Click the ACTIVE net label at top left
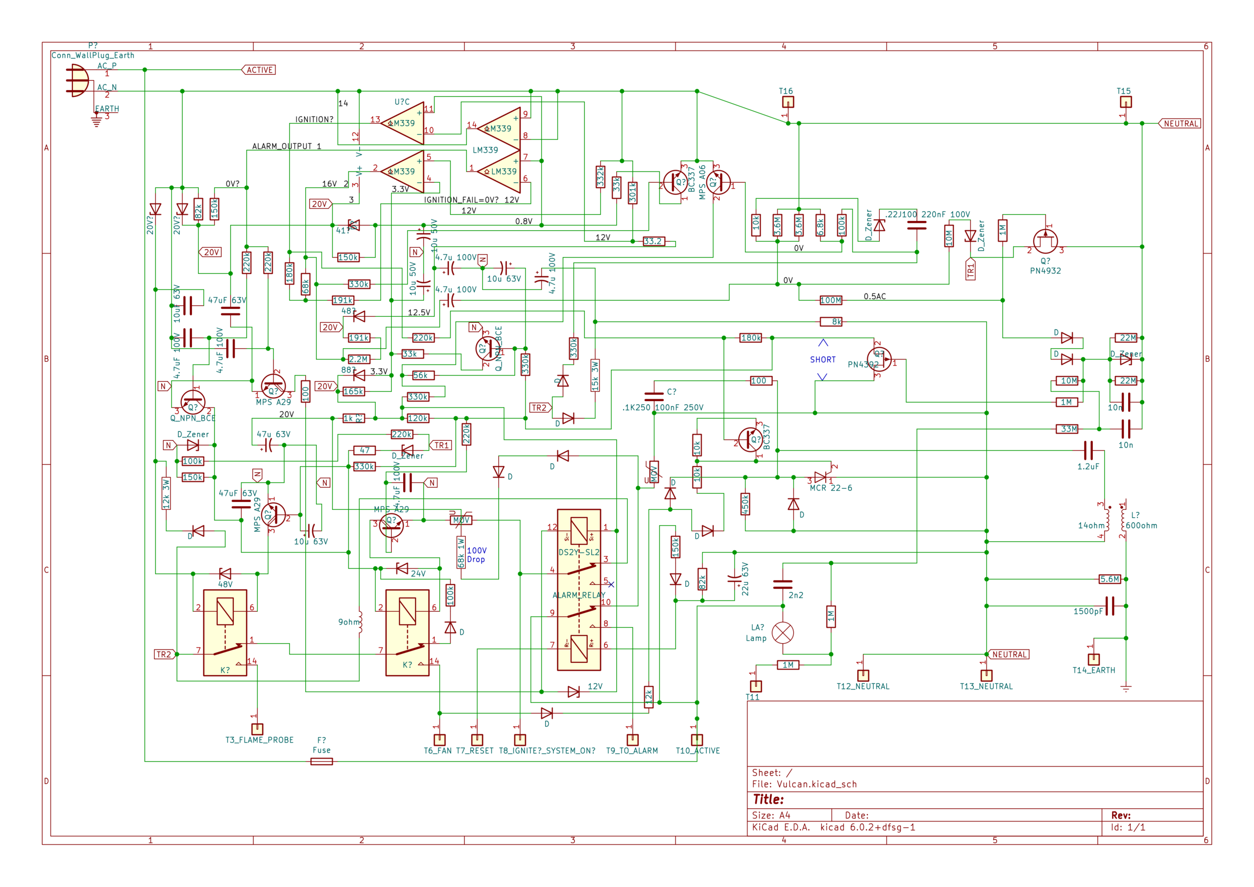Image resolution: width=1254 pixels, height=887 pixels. click(x=259, y=70)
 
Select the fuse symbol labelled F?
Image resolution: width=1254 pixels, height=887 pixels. click(x=321, y=762)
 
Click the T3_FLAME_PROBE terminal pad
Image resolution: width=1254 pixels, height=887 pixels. click(x=257, y=729)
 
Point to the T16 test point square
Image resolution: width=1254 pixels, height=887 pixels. click(x=788, y=102)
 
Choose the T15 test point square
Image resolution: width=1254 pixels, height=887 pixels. click(x=1126, y=102)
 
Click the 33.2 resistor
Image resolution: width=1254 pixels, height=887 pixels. click(x=653, y=241)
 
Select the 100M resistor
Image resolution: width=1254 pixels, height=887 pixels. click(x=831, y=300)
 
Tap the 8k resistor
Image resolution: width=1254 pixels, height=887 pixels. click(x=831, y=322)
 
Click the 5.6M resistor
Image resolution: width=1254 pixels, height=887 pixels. click(x=1109, y=579)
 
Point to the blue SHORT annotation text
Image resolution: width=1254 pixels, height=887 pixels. click(x=822, y=360)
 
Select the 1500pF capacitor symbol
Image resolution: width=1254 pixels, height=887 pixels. click(x=1109, y=606)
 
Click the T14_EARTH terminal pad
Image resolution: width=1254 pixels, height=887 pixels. click(x=1093, y=659)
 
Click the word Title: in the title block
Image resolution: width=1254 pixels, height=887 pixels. click(x=768, y=800)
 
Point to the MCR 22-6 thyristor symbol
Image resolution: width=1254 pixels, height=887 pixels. click(x=820, y=477)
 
